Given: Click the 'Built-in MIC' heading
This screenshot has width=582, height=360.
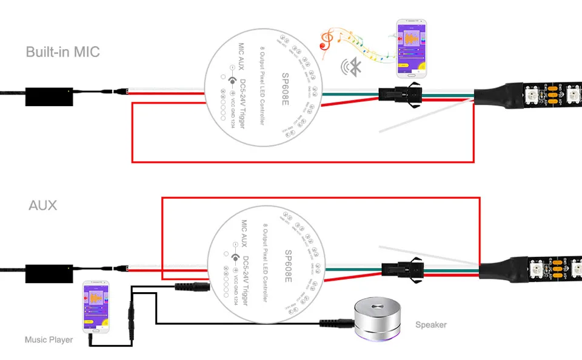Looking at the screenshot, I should [x=62, y=52].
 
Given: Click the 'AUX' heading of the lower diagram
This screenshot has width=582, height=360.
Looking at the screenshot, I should [x=42, y=205].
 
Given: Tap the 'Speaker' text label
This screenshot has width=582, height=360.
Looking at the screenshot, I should [x=430, y=325].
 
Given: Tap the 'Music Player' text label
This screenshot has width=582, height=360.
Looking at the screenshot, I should [x=48, y=339].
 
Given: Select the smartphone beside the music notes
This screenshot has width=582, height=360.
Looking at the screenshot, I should [x=410, y=50].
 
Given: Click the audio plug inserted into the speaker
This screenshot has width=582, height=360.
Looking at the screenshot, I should [x=338, y=321].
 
